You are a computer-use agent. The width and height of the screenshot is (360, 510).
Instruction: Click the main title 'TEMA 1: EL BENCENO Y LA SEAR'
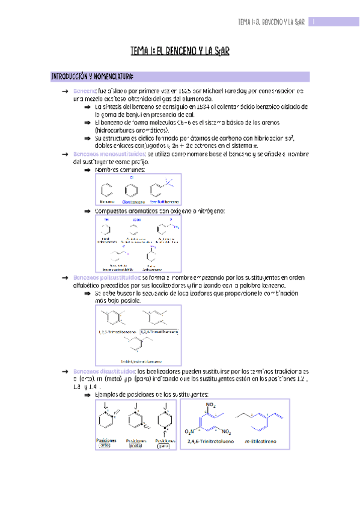click(180, 52)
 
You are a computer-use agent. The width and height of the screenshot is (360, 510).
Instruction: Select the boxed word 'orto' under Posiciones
click(105, 446)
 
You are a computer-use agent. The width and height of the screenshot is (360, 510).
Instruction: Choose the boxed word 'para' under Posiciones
click(163, 446)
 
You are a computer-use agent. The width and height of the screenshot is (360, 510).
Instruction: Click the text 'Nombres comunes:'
click(120, 170)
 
